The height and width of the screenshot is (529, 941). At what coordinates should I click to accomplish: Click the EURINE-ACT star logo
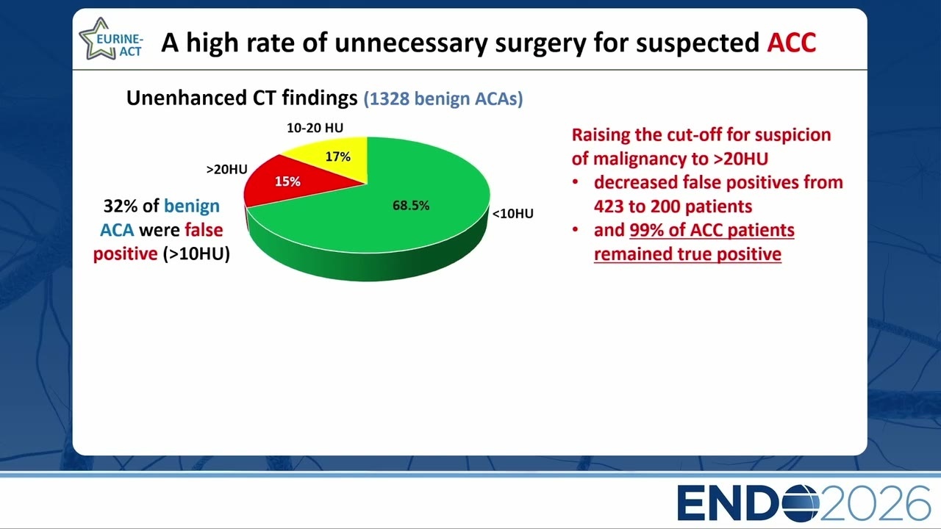click(x=111, y=39)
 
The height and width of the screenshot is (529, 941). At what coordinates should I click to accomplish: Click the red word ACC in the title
click(x=792, y=42)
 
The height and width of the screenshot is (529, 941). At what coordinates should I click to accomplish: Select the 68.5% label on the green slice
click(x=411, y=205)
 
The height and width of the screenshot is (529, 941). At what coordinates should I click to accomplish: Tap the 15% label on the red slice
click(x=287, y=181)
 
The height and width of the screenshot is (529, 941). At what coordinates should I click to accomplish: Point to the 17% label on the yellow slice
click(x=337, y=156)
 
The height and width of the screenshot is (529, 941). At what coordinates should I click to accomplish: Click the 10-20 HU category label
click(x=315, y=128)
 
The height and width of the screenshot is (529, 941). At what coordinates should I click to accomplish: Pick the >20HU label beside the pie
click(x=227, y=169)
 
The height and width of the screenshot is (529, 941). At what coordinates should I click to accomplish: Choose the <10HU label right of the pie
click(x=513, y=214)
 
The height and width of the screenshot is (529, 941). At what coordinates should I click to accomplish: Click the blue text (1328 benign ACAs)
click(x=443, y=98)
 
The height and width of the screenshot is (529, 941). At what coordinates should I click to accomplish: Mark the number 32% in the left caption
click(x=120, y=206)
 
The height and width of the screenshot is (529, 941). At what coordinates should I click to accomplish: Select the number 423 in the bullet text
click(x=609, y=206)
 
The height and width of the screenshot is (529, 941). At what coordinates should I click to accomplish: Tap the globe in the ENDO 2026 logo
click(x=800, y=503)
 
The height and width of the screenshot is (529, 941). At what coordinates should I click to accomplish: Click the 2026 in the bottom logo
click(x=875, y=503)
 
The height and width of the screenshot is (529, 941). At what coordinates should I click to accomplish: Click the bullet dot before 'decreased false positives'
click(x=576, y=182)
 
